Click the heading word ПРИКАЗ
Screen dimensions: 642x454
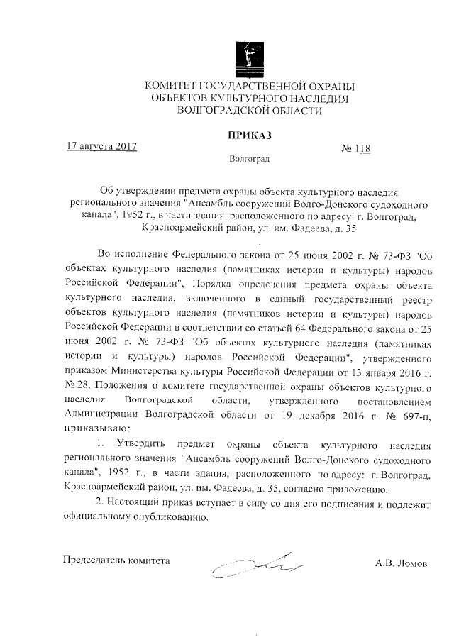[x=249, y=135]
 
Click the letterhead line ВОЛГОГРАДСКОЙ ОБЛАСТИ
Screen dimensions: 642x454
[x=248, y=111]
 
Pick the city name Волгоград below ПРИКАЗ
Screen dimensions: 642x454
[x=249, y=161]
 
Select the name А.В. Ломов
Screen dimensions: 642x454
[x=402, y=563]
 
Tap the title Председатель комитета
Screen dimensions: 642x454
[x=117, y=560]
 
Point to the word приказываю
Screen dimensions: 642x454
[x=96, y=428]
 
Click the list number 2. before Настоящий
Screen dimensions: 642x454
[x=100, y=503]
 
